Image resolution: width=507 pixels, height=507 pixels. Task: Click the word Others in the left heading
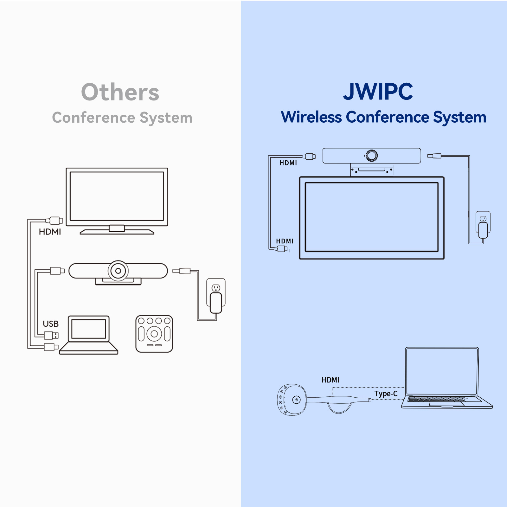coord(120,92)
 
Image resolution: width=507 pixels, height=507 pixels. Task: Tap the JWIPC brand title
coord(378,92)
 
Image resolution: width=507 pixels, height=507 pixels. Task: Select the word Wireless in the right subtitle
coord(311,117)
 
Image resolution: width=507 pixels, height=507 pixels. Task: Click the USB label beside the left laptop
coord(51,324)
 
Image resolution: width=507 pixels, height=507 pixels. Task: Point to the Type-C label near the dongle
coord(386,394)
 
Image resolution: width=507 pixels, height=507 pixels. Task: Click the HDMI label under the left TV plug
coord(50,232)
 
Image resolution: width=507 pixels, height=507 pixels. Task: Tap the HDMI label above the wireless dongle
coord(330,380)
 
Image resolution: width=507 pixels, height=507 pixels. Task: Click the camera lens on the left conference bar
coord(118,271)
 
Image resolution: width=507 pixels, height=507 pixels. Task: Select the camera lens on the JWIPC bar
coord(371,156)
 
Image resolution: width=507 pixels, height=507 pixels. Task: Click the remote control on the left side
coord(154,334)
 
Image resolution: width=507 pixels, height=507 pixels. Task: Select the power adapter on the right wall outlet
coord(483,230)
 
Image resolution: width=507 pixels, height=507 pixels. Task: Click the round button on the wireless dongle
coord(296,400)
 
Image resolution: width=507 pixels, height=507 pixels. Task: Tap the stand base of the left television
coord(117,231)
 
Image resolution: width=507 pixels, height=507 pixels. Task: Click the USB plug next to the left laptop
coord(51,335)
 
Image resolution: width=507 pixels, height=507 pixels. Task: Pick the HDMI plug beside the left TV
coord(54,221)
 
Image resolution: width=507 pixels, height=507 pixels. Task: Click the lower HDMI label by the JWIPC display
coord(285,241)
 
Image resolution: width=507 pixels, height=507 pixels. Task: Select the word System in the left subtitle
coord(166,118)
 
